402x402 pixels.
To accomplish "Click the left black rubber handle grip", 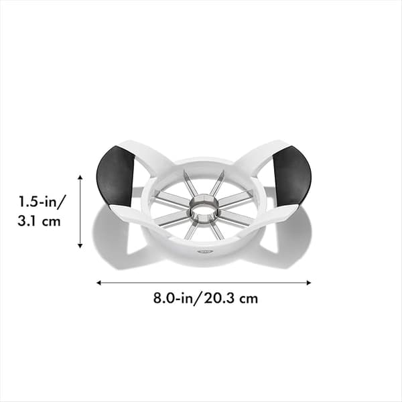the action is (x=115, y=176).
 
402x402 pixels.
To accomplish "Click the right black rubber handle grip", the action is (x=293, y=176).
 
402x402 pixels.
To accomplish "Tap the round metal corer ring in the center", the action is (x=204, y=208).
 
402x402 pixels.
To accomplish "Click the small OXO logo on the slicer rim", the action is (x=206, y=251).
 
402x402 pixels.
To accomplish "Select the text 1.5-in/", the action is (x=42, y=201).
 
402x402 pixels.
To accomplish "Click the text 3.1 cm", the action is (x=39, y=221).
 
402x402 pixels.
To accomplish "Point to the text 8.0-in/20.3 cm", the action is (x=206, y=298).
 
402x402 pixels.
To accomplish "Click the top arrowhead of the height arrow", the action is (x=80, y=177).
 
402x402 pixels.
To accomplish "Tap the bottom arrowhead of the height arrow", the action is (x=80, y=246).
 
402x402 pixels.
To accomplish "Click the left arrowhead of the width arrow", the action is (x=98, y=283).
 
